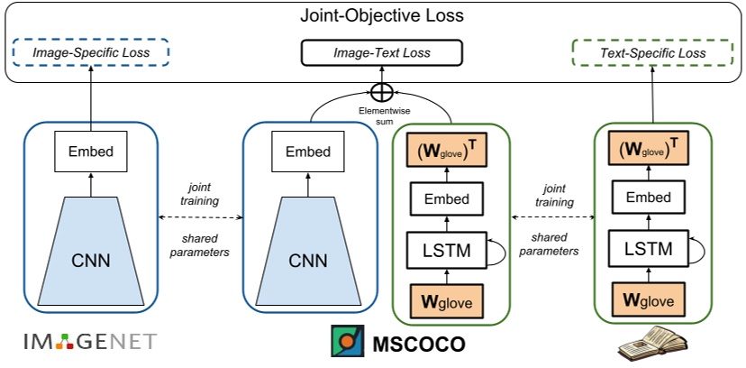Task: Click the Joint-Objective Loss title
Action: pyautogui.click(x=373, y=15)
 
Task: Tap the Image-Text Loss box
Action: pyautogui.click(x=383, y=53)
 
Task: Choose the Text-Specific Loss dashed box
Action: pyautogui.click(x=653, y=53)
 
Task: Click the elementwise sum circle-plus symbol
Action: pyautogui.click(x=383, y=92)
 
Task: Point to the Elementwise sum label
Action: pyautogui.click(x=383, y=115)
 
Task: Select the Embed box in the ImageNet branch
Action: pyautogui.click(x=91, y=151)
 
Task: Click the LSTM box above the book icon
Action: pyautogui.click(x=648, y=248)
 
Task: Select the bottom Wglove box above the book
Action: pyautogui.click(x=648, y=299)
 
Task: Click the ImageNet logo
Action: pyautogui.click(x=89, y=341)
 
